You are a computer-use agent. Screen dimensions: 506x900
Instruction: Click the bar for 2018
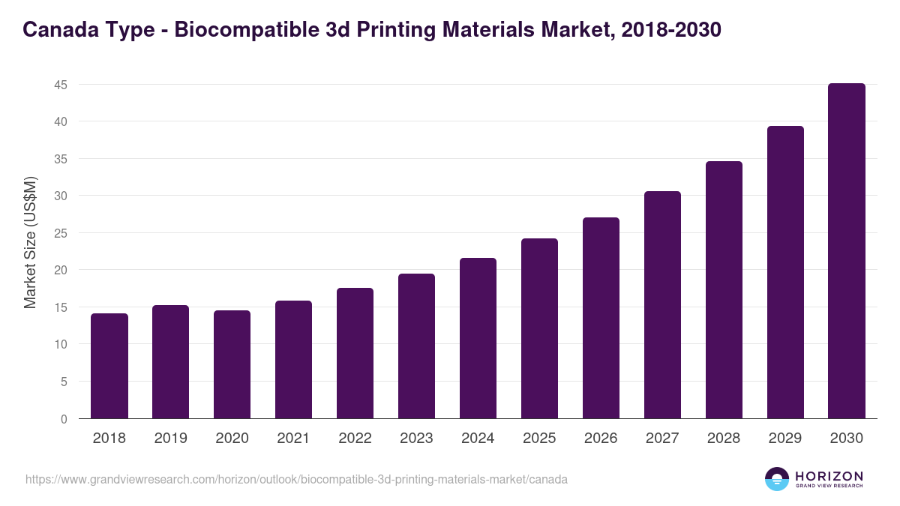click(109, 366)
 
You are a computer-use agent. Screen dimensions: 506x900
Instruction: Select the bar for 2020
click(232, 364)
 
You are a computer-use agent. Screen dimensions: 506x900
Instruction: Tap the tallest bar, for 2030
click(847, 251)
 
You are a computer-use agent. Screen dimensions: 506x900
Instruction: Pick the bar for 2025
click(540, 328)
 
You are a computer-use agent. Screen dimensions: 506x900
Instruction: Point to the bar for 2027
click(663, 305)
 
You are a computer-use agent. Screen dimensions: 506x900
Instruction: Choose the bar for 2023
click(417, 346)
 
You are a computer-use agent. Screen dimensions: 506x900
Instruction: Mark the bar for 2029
click(785, 272)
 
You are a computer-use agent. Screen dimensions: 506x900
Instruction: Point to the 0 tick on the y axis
click(64, 419)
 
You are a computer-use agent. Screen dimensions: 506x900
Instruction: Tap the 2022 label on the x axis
click(355, 439)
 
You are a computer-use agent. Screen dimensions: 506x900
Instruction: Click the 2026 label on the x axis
click(601, 439)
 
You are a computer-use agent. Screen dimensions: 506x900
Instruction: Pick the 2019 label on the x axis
click(170, 439)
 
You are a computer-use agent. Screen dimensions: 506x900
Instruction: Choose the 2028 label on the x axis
click(724, 439)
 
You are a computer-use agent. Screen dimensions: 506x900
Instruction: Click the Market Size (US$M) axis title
click(30, 242)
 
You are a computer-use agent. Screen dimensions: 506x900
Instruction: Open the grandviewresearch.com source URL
click(296, 479)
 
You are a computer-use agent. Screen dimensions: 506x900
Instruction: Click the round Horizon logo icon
click(777, 479)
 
